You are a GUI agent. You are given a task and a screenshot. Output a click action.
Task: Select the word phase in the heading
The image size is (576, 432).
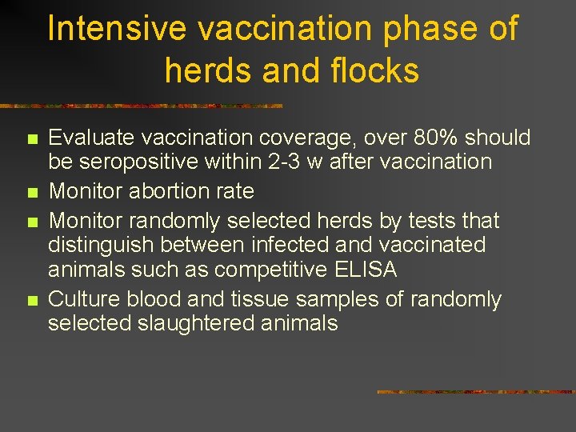tap(433, 29)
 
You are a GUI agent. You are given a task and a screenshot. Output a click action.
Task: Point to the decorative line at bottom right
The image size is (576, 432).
tap(475, 392)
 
